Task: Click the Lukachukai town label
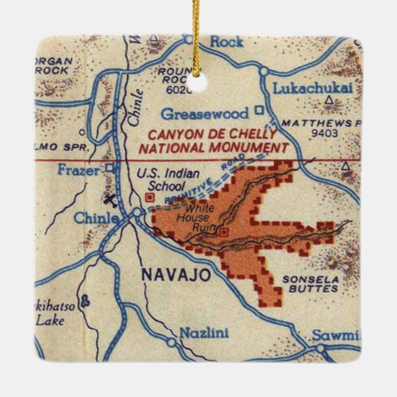(313, 89)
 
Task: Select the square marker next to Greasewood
(260, 112)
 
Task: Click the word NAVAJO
(168, 274)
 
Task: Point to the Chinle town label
(96, 218)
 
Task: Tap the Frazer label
(78, 170)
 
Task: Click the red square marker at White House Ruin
(223, 232)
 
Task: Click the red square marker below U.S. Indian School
(149, 197)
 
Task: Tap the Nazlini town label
(203, 334)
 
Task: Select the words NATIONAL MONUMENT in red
(214, 148)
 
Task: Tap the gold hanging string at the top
(198, 37)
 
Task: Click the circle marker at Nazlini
(171, 340)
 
